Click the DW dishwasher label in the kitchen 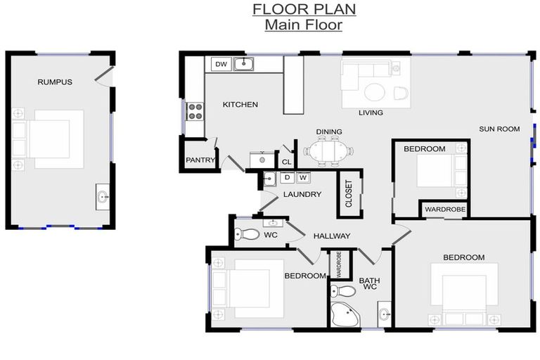(x=221, y=65)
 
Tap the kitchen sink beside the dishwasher (x=243, y=65)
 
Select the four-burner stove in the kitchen (x=195, y=110)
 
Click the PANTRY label (x=200, y=160)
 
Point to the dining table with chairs (x=328, y=150)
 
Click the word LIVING (x=371, y=112)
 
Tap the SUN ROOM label (x=499, y=129)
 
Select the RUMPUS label (x=55, y=82)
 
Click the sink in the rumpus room (x=103, y=196)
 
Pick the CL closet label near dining (x=286, y=162)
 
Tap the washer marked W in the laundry (x=303, y=178)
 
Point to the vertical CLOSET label (x=349, y=194)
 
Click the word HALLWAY (x=332, y=236)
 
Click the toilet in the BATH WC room (x=344, y=290)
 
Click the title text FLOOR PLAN (x=304, y=9)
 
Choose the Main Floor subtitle (x=304, y=25)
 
